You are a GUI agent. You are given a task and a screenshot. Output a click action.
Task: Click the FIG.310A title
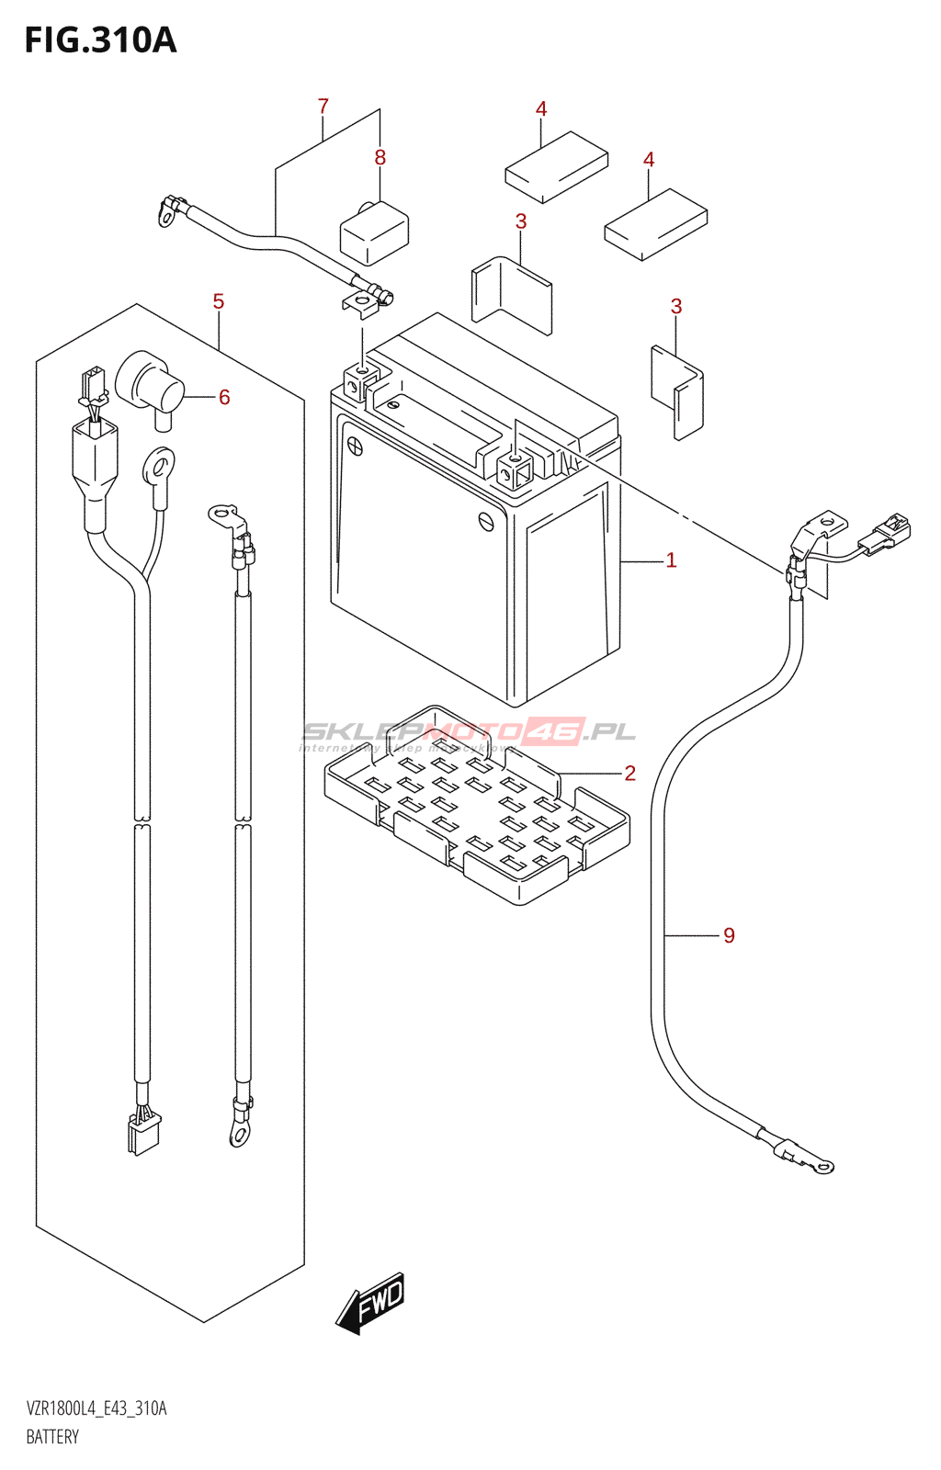coord(99,40)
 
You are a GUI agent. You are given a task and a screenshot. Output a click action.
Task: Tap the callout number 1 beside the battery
coord(671,560)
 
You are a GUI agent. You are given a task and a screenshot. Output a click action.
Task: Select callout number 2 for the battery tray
coord(629,773)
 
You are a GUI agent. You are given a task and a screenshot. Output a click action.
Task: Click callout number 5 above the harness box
coord(218,301)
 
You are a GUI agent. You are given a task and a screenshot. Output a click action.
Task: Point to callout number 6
coord(224,397)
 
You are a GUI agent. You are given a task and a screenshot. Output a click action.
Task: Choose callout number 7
coord(323,107)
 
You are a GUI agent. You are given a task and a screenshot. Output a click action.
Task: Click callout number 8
coord(380,158)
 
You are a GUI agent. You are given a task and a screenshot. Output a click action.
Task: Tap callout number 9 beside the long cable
coord(729,935)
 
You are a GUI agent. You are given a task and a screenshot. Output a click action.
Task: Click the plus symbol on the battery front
coord(354,447)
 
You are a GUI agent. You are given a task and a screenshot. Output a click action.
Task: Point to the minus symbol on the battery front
coord(486,521)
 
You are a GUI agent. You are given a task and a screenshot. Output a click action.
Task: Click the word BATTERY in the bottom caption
coord(52,1437)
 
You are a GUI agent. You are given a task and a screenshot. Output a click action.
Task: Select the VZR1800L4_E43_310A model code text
coord(96,1408)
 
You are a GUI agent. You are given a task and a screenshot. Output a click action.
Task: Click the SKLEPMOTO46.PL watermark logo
coord(469,732)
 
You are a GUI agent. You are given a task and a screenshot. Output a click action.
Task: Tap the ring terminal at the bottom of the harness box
coord(240,1135)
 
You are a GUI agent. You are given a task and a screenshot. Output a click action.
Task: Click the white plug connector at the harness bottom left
coord(142,1133)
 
